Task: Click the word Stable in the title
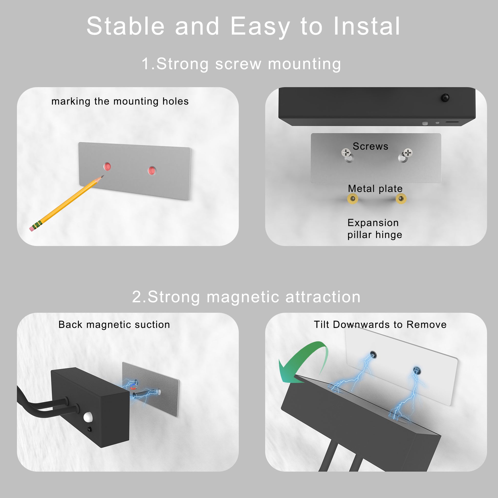tap(125, 26)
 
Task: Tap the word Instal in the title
tap(366, 26)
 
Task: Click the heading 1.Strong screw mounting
tap(241, 64)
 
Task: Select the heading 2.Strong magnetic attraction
tap(246, 297)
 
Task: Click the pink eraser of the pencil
tap(32, 229)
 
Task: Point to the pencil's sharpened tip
tap(102, 176)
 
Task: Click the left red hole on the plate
tap(107, 167)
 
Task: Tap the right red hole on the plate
tap(152, 170)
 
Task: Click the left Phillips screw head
tap(346, 153)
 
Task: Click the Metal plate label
tap(375, 189)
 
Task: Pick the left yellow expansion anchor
tap(353, 199)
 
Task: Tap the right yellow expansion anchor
tap(401, 199)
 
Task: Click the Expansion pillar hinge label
tap(374, 229)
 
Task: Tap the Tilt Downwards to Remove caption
tap(380, 324)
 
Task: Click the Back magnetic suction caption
tap(114, 324)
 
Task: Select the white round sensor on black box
tap(88, 417)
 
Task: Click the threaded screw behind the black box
tap(144, 394)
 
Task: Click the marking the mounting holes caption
tap(120, 101)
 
